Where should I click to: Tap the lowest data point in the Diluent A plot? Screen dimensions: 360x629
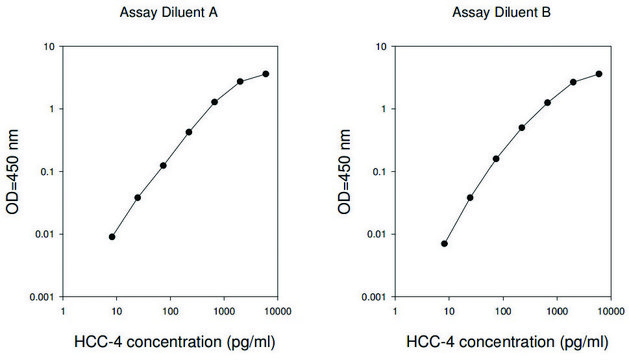[112, 237]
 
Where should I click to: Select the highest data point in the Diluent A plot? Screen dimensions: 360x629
[266, 74]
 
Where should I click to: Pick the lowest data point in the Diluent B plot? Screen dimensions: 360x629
[444, 243]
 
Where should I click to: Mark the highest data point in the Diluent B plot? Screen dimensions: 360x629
[599, 74]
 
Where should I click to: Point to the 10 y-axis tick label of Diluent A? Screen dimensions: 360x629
[46, 47]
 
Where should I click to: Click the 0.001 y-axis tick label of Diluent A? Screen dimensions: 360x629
[39, 297]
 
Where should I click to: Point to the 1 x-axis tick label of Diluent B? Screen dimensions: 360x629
[396, 311]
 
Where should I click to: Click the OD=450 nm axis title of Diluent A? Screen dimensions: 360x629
[15, 172]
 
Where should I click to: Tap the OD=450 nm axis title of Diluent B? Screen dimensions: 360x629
[347, 172]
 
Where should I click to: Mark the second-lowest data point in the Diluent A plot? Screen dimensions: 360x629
[137, 197]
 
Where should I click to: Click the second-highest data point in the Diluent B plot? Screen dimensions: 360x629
[573, 82]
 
